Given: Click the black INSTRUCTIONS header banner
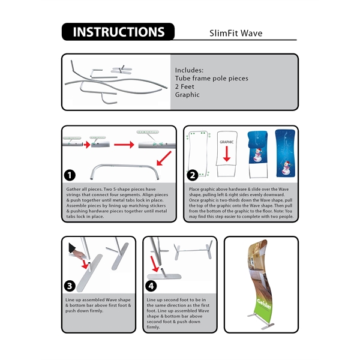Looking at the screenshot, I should tap(118, 32).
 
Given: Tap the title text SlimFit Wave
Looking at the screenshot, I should tap(235, 33).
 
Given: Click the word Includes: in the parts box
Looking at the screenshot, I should tap(190, 70).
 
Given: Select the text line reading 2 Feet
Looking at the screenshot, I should tap(185, 86).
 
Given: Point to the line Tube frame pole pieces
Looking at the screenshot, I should tap(211, 79).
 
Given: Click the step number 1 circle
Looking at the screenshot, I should tap(70, 175).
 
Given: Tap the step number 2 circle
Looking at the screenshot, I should tap(193, 175).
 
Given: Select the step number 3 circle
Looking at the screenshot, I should tap(70, 285).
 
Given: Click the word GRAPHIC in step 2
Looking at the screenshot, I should tap(226, 142).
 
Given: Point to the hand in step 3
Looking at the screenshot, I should tap(74, 248).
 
